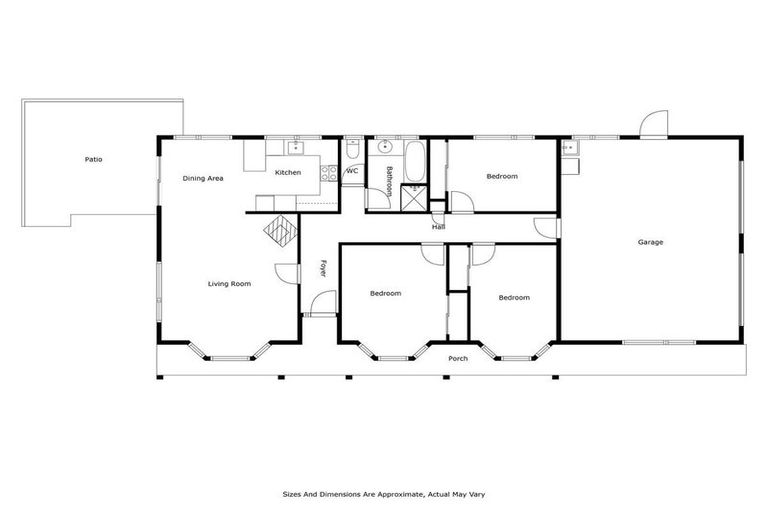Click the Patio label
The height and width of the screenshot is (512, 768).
93,159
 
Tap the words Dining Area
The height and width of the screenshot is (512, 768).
202,178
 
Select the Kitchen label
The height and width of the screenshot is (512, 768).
288,173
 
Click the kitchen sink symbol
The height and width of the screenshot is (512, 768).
295,149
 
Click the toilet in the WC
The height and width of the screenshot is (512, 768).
352,150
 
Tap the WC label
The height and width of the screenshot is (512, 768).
352,171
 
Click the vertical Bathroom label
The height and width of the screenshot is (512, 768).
389,179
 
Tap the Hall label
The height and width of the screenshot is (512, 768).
438,227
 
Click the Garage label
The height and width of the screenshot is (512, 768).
651,242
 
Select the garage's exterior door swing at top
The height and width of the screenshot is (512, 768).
653,123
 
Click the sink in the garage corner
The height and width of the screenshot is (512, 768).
569,149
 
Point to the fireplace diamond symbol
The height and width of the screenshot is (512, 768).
281,232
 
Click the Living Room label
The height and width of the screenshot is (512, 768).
229,284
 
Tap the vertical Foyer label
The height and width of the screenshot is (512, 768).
323,268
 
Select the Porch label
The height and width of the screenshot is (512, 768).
458,358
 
